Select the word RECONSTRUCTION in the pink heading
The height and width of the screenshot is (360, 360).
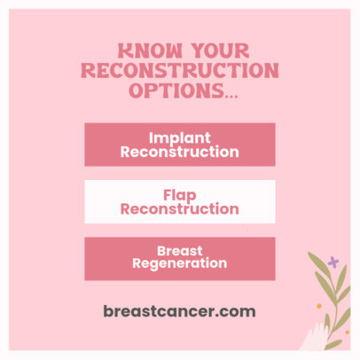tap(179, 71)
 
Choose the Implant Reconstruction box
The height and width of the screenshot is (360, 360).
tap(179, 145)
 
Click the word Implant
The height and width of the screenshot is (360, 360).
tap(179, 137)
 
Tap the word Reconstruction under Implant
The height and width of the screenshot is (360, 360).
tap(179, 152)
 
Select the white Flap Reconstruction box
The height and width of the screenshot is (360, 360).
tap(179, 201)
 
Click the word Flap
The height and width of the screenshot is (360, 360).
tap(179, 194)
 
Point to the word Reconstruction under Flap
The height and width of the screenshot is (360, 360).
tap(179, 209)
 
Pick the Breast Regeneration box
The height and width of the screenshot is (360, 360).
tap(179, 257)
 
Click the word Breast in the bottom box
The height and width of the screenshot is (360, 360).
tap(179, 250)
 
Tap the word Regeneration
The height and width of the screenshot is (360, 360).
tap(179, 263)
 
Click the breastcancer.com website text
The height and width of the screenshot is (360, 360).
tap(179, 311)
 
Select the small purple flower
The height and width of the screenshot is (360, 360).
tap(333, 262)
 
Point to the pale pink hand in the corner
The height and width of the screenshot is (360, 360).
tap(316, 338)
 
